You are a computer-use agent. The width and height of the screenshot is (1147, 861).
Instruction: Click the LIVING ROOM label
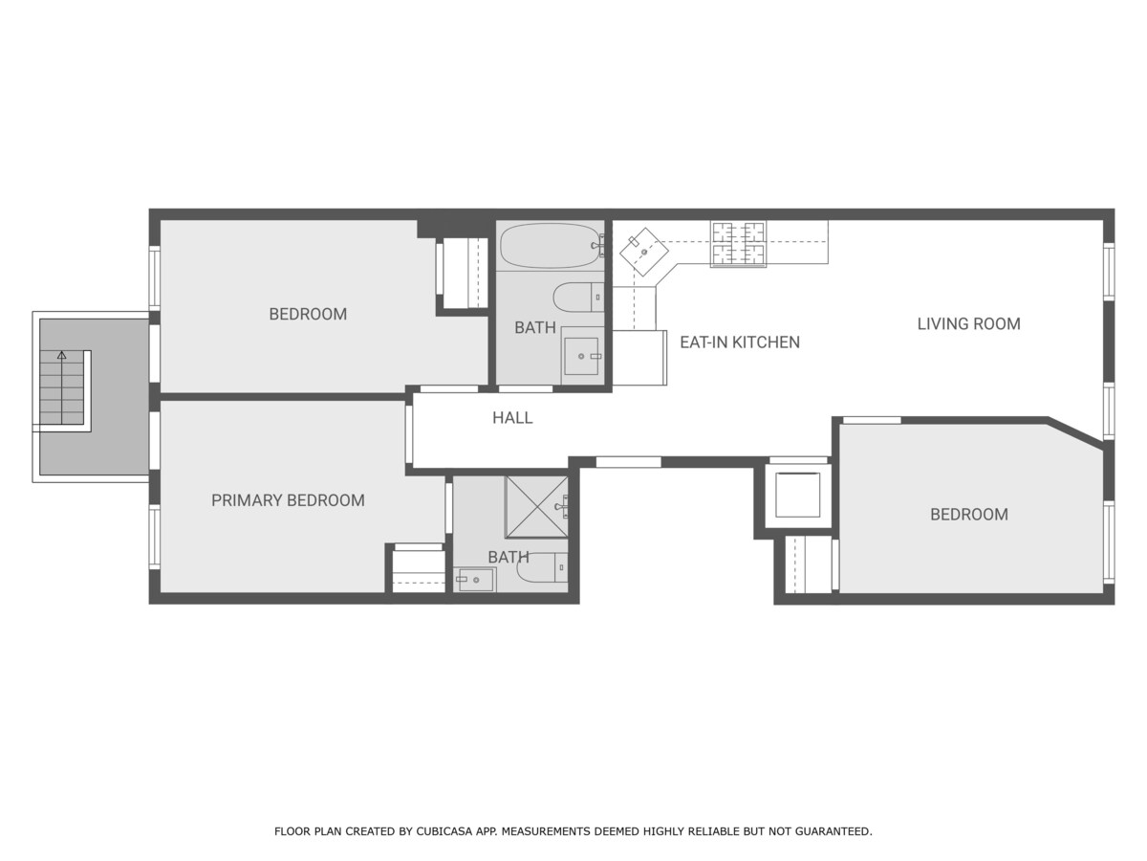[968, 323]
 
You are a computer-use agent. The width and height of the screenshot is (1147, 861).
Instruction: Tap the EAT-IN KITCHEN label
[740, 342]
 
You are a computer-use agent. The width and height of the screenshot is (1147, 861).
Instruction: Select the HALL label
[512, 417]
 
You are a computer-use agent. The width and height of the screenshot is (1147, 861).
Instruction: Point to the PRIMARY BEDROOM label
[288, 499]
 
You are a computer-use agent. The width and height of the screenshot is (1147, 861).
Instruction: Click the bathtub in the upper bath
[552, 246]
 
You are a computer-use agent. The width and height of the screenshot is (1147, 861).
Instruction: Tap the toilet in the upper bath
[578, 297]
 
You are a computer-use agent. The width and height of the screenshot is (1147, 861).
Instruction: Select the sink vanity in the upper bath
[583, 356]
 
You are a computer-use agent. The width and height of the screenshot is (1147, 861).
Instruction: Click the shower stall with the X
[536, 507]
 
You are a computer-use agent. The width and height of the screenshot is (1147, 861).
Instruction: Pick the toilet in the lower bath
[542, 567]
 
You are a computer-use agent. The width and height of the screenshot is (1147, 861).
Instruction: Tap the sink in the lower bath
[474, 579]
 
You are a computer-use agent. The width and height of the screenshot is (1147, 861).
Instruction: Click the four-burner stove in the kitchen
[738, 244]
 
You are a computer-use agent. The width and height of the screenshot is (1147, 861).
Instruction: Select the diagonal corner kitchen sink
[644, 252]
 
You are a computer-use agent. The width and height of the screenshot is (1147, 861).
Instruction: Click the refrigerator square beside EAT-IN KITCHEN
[639, 358]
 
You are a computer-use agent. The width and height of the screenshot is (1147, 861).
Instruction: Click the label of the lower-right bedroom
[969, 514]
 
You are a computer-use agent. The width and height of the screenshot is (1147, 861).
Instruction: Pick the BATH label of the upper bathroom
[534, 327]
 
